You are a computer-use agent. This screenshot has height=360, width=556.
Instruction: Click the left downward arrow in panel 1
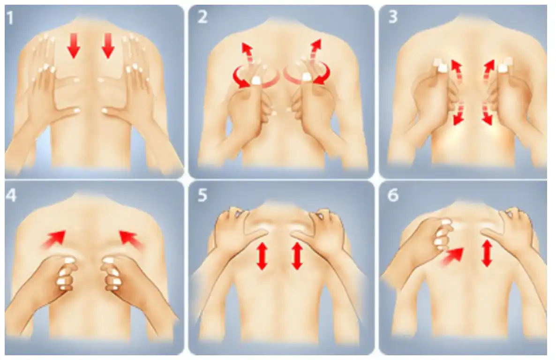click(73, 45)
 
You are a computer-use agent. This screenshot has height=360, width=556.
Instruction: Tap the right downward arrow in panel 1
click(108, 45)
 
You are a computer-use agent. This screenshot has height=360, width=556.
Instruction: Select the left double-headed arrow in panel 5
click(262, 256)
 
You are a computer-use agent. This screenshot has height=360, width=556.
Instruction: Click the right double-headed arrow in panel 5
click(297, 256)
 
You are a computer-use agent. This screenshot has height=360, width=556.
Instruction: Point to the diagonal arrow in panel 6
click(452, 256)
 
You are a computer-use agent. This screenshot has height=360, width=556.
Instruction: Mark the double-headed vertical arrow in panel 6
click(487, 253)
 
